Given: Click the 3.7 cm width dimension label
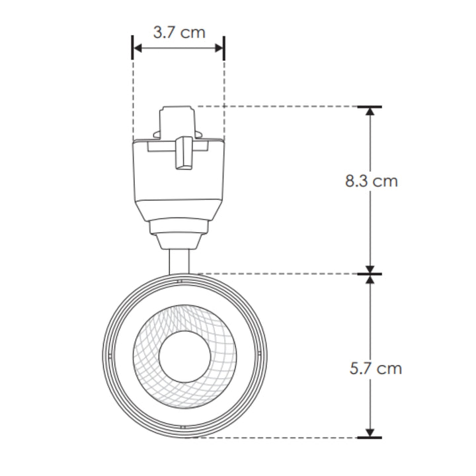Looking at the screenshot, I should click(x=178, y=32).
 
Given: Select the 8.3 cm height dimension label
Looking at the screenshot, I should click(x=372, y=181).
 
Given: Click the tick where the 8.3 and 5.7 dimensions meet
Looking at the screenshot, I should click(x=370, y=273).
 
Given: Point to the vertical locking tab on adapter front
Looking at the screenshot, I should click(x=183, y=153).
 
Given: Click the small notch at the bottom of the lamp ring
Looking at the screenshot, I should click(x=182, y=428).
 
